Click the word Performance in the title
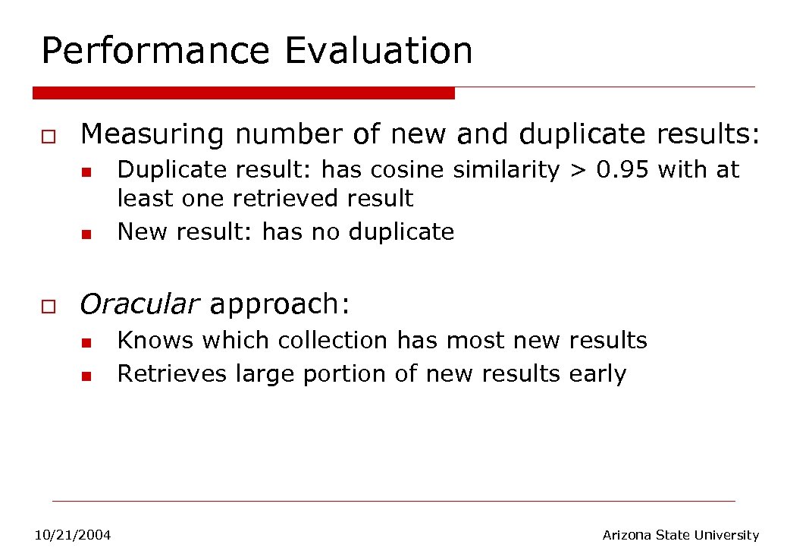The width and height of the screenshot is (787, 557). pyautogui.click(x=155, y=52)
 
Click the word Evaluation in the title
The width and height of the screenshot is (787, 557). pyautogui.click(x=378, y=50)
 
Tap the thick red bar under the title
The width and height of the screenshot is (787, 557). pyautogui.click(x=243, y=93)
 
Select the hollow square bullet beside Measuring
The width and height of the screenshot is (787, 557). pyautogui.click(x=47, y=137)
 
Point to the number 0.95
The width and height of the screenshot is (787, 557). pyautogui.click(x=622, y=169)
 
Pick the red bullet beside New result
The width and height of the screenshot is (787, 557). pyautogui.click(x=86, y=233)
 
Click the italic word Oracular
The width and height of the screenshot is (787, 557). pyautogui.click(x=140, y=304)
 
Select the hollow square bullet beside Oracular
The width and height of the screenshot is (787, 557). pyautogui.click(x=47, y=307)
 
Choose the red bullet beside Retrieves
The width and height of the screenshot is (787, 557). pyautogui.click(x=86, y=376)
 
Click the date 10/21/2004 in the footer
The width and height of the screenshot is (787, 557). pyautogui.click(x=73, y=536)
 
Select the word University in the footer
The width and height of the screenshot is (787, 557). pyautogui.click(x=726, y=535)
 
